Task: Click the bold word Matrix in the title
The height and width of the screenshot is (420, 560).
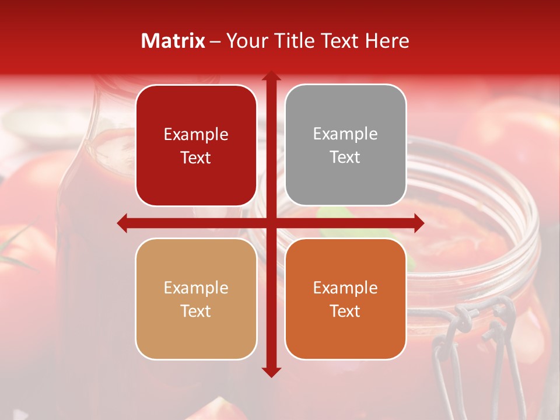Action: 173,41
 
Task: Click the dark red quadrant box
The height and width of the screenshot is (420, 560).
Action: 196,146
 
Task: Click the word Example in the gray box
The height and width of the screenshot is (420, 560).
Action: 345,134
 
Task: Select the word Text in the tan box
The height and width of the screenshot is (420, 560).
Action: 196,311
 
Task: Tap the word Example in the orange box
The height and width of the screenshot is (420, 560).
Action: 345,288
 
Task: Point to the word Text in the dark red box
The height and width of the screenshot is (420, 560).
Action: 196,158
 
